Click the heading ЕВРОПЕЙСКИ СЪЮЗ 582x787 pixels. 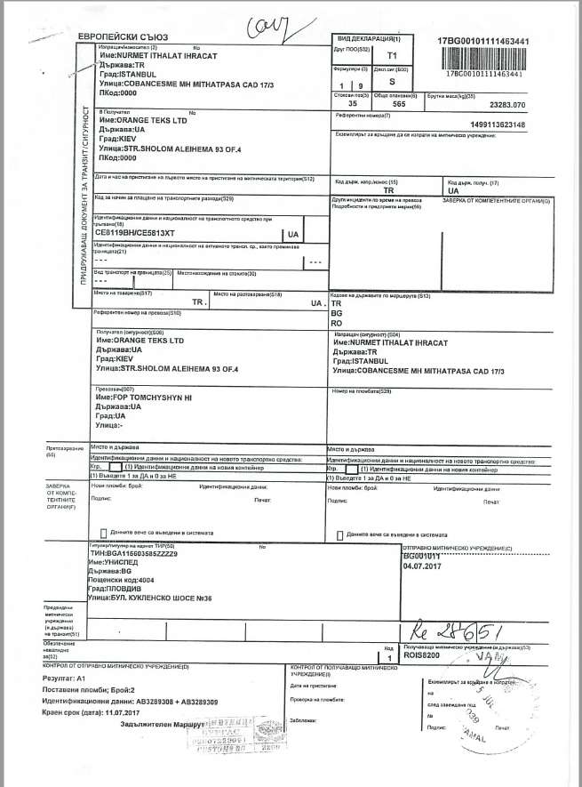(x=123, y=36)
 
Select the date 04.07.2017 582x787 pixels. (x=421, y=564)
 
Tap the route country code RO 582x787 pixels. (x=337, y=324)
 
